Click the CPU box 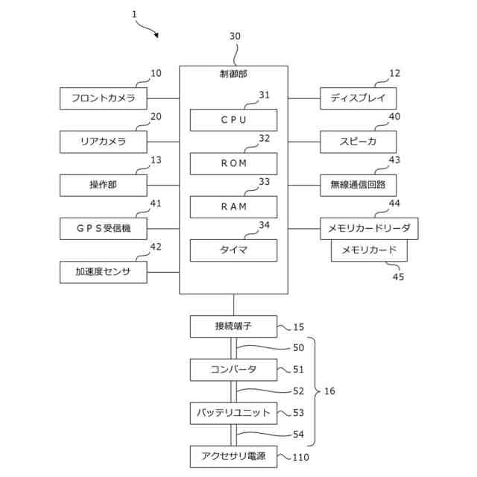point(233,120)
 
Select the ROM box point(233,164)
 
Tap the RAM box point(233,207)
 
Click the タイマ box point(233,250)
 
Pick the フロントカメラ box point(104,98)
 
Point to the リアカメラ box point(104,142)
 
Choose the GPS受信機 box point(104,229)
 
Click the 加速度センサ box point(104,272)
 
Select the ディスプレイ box point(358,98)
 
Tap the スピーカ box point(358,142)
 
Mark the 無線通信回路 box point(358,186)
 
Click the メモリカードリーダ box point(370,229)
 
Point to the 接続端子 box point(233,326)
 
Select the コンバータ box point(233,370)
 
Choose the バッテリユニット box point(233,414)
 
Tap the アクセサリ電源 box point(233,457)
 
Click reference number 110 point(300,457)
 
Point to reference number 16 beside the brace point(329,391)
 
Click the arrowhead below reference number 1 point(157,35)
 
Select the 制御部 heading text point(233,74)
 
